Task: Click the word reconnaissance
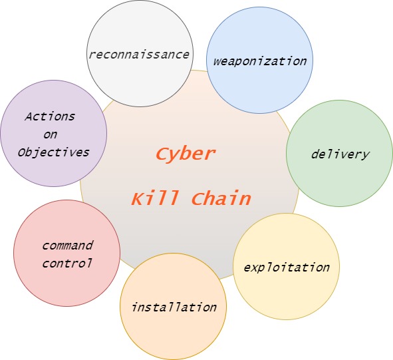coord(139,55)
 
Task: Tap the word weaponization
coord(260,62)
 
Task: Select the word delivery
coord(340,154)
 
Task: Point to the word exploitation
coord(287,268)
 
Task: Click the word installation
coord(174,307)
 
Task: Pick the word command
coord(68,245)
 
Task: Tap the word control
coord(67,263)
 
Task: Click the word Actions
coord(50,116)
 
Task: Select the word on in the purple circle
coord(50,134)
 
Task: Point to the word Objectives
coord(53,152)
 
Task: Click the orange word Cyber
coord(186,154)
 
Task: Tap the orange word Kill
coord(155,198)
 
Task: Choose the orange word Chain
coord(221,198)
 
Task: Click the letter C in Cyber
coord(163,153)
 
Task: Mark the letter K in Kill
coord(138,198)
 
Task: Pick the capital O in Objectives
coord(22,152)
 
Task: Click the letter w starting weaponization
coord(217,62)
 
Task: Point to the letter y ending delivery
coord(365,156)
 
